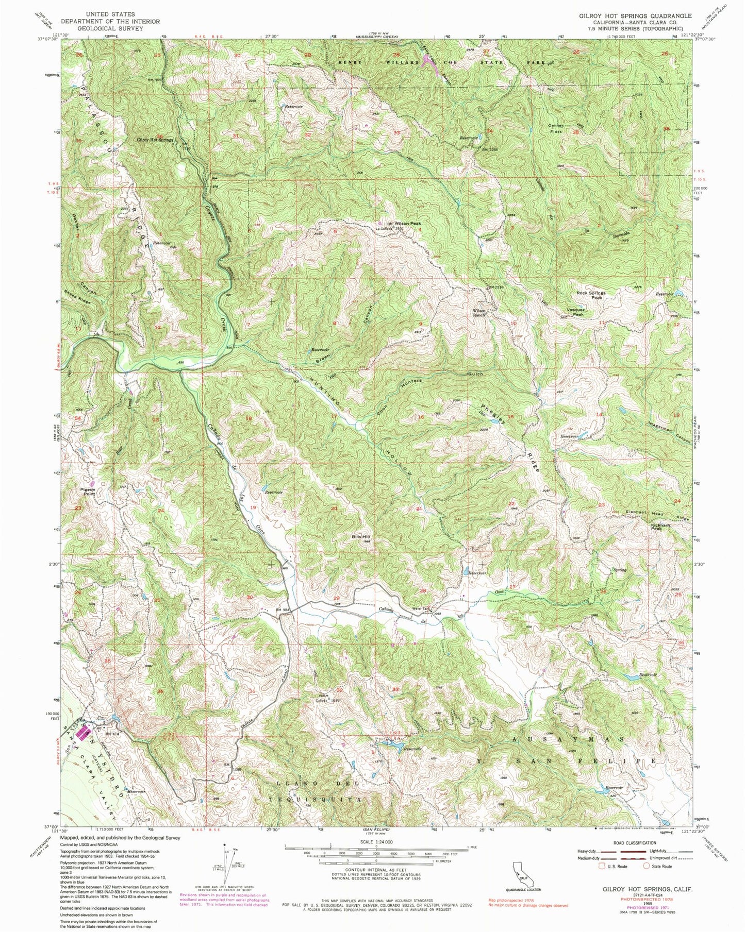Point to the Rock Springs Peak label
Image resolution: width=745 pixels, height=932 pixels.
(591, 295)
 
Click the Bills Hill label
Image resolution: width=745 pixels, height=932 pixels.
(361, 537)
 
